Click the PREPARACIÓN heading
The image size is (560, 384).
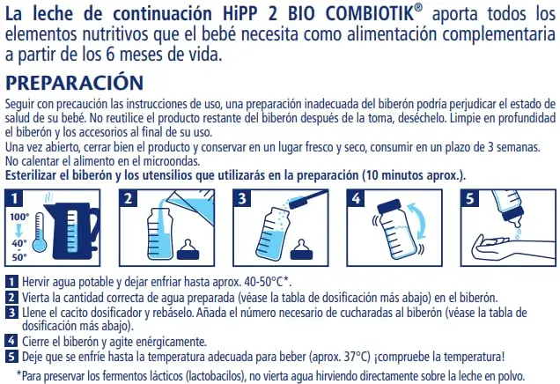point(74,83)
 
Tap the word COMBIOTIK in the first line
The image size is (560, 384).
point(370,13)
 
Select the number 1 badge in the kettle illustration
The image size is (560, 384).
point(14,198)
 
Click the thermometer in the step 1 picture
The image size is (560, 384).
point(40,232)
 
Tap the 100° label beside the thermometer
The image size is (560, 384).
point(18,217)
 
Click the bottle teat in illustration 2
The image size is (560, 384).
point(188,250)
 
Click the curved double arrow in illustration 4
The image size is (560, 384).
point(423,220)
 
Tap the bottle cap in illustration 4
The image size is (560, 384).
point(392,206)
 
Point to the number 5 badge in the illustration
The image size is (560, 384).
point(469,198)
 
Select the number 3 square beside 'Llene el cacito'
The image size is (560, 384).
point(11,313)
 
